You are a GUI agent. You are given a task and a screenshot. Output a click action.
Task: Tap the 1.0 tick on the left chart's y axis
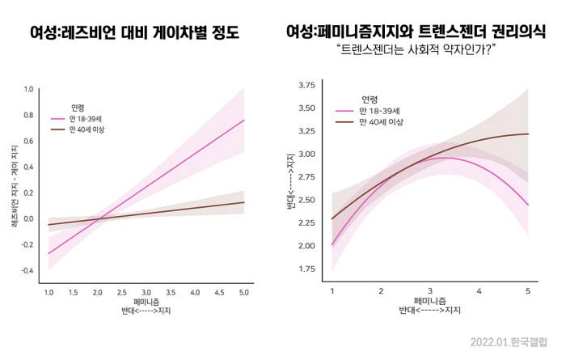(x=29, y=89)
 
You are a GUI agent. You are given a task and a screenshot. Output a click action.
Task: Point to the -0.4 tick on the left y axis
(x=27, y=270)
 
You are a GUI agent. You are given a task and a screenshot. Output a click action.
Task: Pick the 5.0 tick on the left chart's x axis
(x=243, y=291)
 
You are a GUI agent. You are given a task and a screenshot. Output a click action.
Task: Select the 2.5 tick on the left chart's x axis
(x=121, y=291)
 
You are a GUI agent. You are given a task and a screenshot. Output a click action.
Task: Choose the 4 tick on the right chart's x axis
(x=479, y=290)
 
